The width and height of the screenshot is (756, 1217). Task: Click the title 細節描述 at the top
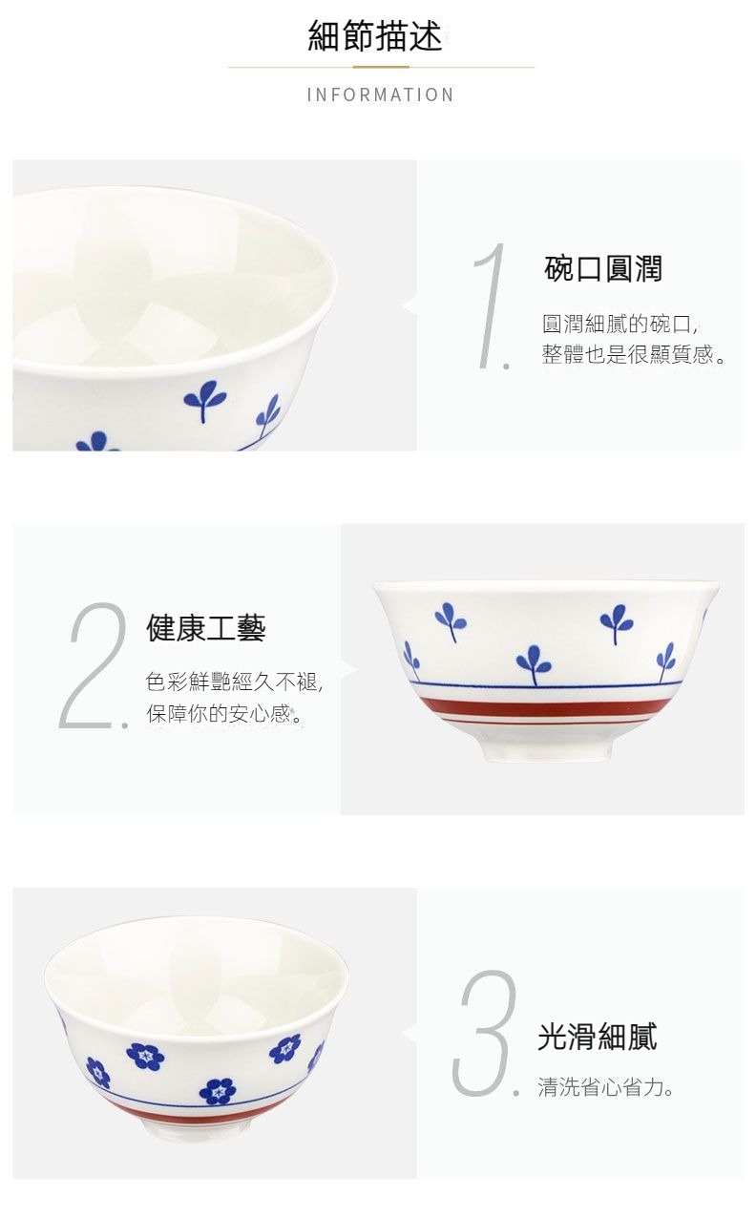[375, 36]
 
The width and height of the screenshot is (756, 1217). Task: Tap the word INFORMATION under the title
[380, 95]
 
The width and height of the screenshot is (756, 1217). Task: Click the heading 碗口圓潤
[602, 268]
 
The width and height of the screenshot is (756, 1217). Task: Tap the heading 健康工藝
[206, 628]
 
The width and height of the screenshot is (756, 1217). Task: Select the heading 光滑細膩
[597, 1036]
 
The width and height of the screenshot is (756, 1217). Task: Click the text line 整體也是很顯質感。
[633, 354]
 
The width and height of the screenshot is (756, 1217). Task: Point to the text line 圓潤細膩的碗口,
[620, 324]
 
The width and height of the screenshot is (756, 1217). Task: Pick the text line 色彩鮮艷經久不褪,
[235, 682]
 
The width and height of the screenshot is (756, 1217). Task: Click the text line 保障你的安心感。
[224, 713]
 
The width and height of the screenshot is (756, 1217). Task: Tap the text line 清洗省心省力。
[605, 1087]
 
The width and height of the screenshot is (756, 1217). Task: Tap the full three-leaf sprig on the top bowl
[204, 400]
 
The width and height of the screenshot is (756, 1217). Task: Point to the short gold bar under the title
[381, 68]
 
